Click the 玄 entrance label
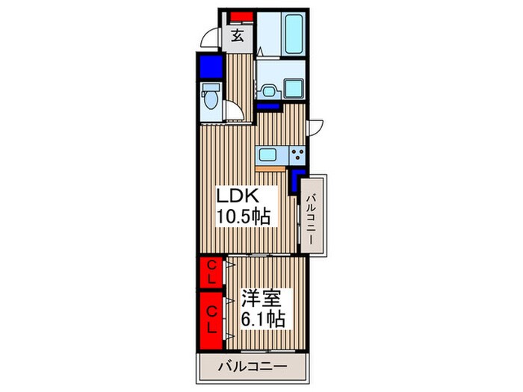pyautogui.click(x=237, y=35)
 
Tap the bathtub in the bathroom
pyautogui.click(x=294, y=34)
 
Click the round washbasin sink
pyautogui.click(x=268, y=91)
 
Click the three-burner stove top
pyautogui.click(x=297, y=155)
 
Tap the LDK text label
pyautogui.click(x=237, y=196)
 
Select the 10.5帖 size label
pyautogui.click(x=243, y=216)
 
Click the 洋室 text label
pyautogui.click(x=261, y=299)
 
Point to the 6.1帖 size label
pyautogui.click(x=263, y=319)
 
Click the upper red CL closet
pyautogui.click(x=211, y=272)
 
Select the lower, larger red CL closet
pyautogui.click(x=211, y=320)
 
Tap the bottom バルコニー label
pyautogui.click(x=253, y=367)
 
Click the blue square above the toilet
pyautogui.click(x=211, y=66)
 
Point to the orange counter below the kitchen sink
pyautogui.click(x=270, y=169)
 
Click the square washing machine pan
pyautogui.click(x=294, y=89)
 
